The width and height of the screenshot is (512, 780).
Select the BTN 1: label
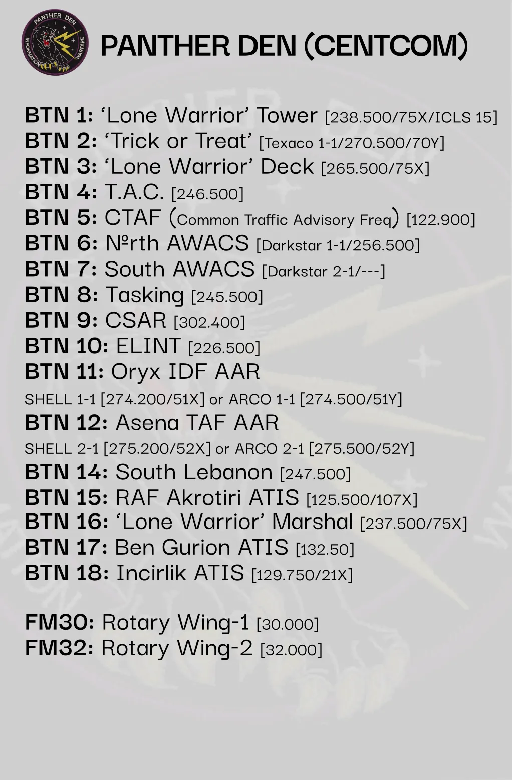(x=59, y=115)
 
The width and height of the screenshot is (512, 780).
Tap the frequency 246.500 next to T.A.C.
(x=207, y=194)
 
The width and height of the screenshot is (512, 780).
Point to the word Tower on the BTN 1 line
(x=287, y=115)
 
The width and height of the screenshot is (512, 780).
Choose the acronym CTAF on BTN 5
(x=133, y=217)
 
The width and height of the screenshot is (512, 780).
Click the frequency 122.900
(x=441, y=220)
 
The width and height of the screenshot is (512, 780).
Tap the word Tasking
(x=145, y=295)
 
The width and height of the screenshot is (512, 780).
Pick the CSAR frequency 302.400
(x=209, y=322)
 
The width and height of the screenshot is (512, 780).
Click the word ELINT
(x=148, y=346)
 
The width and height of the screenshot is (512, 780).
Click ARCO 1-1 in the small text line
(x=262, y=399)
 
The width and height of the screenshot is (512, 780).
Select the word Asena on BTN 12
(x=147, y=423)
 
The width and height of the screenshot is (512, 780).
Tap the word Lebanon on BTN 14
(x=228, y=472)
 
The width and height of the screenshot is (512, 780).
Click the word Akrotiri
(x=204, y=497)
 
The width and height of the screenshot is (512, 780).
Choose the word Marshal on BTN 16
(x=313, y=522)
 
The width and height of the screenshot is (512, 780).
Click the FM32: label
(x=59, y=648)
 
